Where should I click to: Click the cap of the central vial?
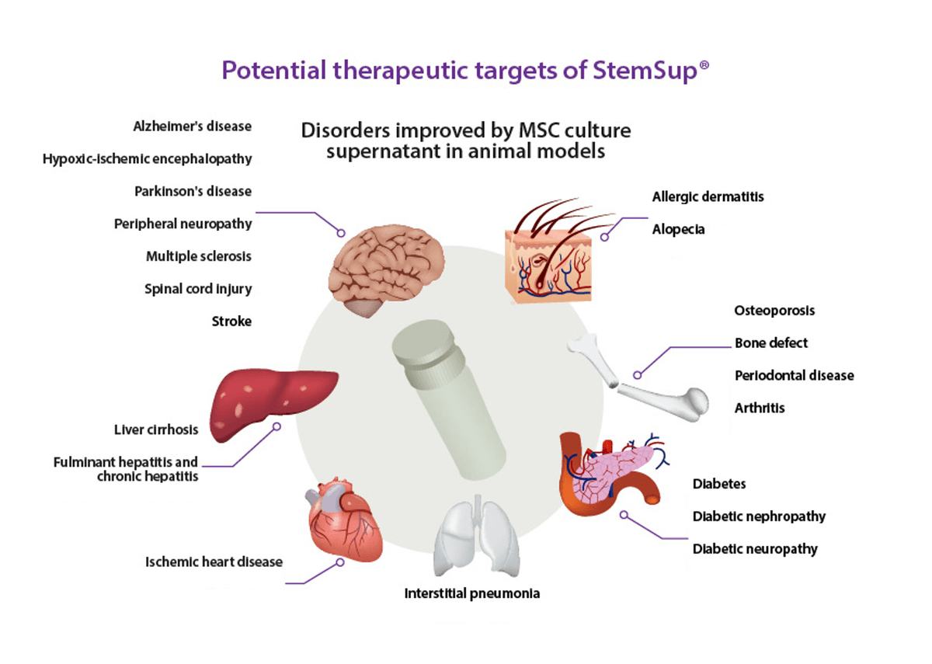click(426, 346)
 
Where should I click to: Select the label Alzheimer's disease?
click(193, 126)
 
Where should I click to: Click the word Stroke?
click(231, 321)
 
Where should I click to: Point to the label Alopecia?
click(679, 230)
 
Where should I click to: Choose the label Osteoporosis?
click(774, 311)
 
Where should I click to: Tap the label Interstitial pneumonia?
click(471, 594)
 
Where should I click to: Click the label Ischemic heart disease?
click(214, 561)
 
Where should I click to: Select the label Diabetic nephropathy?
click(759, 516)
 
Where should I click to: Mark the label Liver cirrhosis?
click(156, 429)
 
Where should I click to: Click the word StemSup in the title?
click(651, 71)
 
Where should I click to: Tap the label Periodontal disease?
click(794, 376)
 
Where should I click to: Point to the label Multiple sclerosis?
click(199, 256)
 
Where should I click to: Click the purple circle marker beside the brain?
click(339, 232)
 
